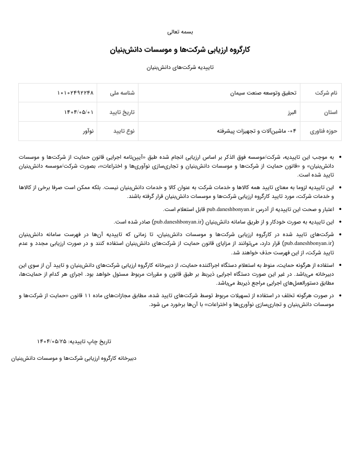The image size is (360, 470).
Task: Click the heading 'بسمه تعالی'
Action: [180, 32]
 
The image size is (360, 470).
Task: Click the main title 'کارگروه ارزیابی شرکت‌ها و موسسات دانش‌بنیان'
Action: [180, 50]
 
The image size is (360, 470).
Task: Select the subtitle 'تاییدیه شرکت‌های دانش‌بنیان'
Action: [180, 67]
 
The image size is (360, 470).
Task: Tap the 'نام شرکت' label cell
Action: [326, 93]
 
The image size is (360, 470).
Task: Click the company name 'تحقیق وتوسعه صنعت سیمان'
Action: [263, 93]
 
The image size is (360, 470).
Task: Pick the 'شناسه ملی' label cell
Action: [122, 93]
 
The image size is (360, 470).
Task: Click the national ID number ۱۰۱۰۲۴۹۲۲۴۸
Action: [75, 93]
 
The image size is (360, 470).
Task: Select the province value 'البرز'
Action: [291, 112]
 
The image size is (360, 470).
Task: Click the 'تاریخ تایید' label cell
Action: [122, 112]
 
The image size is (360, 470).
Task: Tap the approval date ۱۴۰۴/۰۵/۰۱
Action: [79, 112]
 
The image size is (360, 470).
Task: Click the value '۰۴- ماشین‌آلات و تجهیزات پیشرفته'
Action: [257, 131]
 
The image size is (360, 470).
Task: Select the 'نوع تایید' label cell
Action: [124, 131]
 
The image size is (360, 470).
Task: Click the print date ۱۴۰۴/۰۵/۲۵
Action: [52, 342]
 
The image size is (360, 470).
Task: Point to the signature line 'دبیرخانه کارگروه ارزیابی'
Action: [74, 358]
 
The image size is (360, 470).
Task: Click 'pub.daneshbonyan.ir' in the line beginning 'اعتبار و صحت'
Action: [230, 209]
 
